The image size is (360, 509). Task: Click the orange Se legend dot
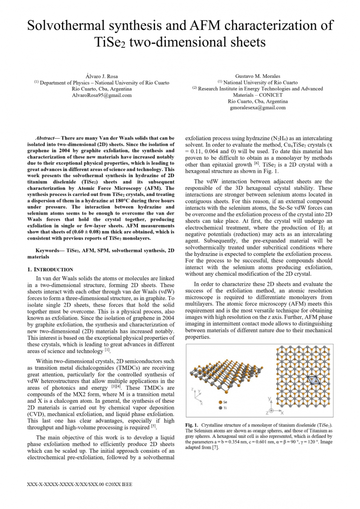pyautogui.click(x=220, y=402)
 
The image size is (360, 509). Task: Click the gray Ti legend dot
pyautogui.click(x=220, y=408)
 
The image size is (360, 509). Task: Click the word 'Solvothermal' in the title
pyautogui.click(x=71, y=25)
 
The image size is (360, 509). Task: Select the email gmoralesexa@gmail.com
pyautogui.click(x=257, y=108)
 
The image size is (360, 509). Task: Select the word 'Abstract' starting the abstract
pyautogui.click(x=45, y=138)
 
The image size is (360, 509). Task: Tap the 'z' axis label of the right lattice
pyautogui.click(x=267, y=413)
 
